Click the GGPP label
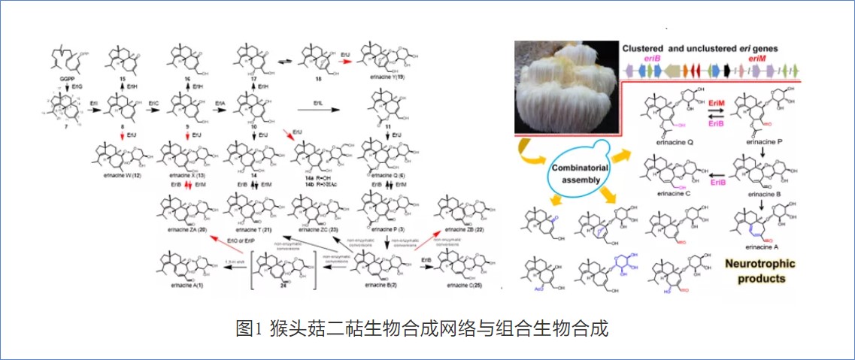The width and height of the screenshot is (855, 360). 68,77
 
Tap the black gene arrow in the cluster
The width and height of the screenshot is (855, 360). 726,70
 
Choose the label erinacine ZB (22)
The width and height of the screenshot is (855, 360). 462,228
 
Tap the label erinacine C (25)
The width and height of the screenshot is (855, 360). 461,286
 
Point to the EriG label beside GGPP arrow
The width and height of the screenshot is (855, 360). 77,89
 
